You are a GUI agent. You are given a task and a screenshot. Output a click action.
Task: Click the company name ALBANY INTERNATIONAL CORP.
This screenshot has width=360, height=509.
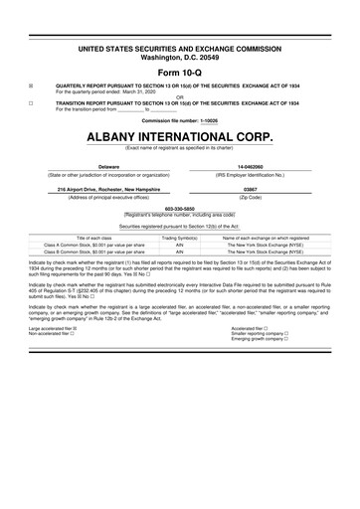[x=179, y=135]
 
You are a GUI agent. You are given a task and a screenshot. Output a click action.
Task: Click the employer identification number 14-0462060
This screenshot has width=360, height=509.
[x=250, y=167]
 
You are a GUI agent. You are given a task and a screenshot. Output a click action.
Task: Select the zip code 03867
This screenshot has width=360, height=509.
[x=250, y=188]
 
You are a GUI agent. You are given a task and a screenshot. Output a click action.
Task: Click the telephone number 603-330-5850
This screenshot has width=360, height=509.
[x=179, y=208]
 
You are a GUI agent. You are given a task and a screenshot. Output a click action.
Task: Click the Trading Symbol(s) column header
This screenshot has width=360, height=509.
[x=180, y=238]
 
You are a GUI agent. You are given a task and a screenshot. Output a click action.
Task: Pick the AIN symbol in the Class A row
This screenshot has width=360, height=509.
[x=180, y=245]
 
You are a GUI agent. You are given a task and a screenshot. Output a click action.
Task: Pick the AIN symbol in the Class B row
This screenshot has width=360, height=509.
[x=180, y=253]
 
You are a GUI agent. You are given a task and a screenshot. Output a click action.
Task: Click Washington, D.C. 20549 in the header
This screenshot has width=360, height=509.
[x=179, y=56]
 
